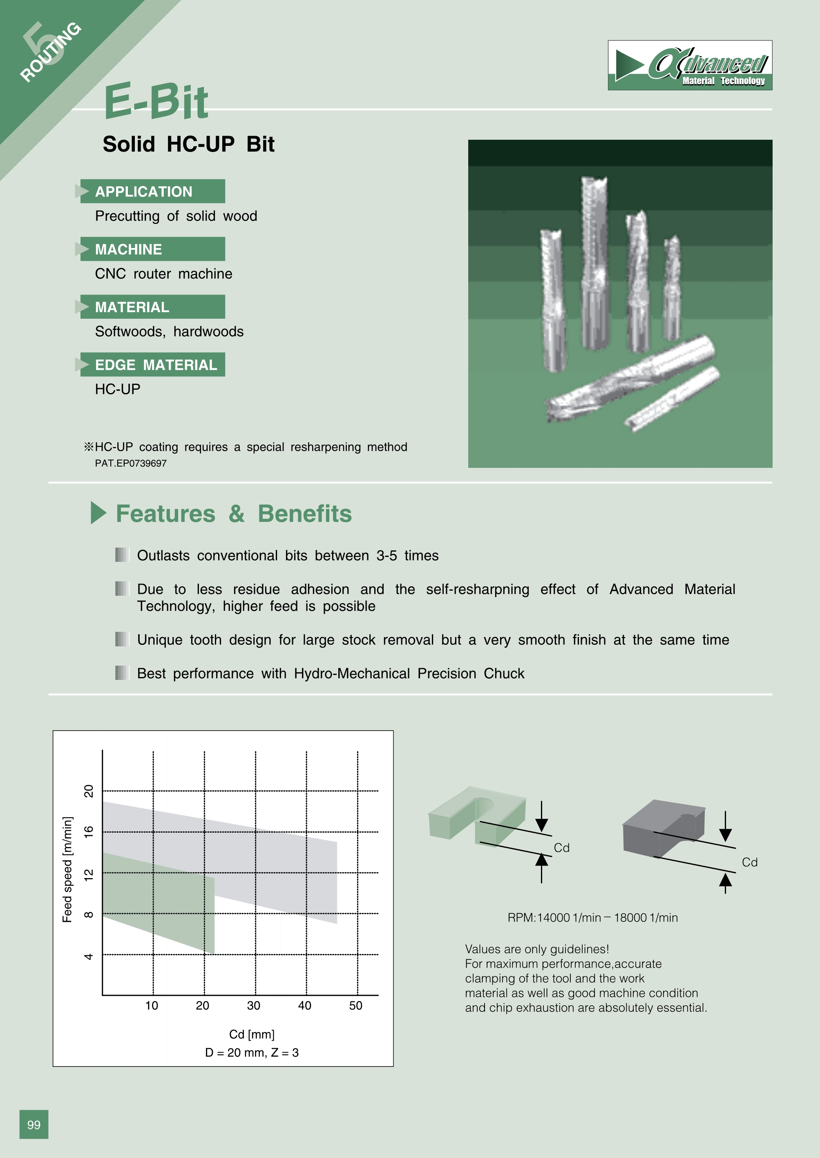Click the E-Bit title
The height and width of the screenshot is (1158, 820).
(x=156, y=103)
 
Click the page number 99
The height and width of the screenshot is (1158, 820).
(x=34, y=1124)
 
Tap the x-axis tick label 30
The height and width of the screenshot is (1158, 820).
(x=253, y=1006)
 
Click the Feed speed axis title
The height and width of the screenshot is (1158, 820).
(x=67, y=869)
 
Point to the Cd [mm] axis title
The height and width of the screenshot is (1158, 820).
(x=251, y=1034)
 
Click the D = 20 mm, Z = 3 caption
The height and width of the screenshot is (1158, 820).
(x=251, y=1053)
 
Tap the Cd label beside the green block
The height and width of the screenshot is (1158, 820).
(x=561, y=848)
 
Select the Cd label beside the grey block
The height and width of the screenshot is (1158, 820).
(x=749, y=863)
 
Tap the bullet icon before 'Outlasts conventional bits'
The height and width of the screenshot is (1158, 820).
(x=122, y=555)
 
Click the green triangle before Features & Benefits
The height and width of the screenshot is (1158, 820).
(x=98, y=513)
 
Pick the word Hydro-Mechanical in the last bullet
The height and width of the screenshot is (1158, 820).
(x=351, y=674)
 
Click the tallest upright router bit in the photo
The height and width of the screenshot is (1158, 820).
(x=594, y=263)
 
